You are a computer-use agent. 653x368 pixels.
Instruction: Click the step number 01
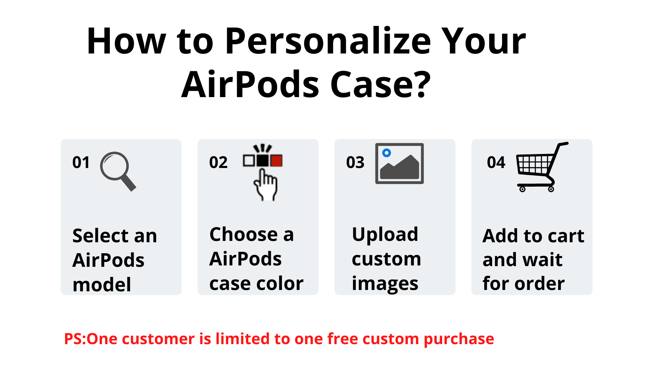pos(81,163)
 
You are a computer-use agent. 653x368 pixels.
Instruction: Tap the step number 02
pos(218,163)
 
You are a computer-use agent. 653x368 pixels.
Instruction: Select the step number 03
pos(355,163)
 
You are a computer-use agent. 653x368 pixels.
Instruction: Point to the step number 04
pos(496,163)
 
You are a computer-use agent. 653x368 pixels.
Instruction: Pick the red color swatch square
pos(276,161)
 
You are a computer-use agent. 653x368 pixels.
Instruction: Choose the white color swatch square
pos(249,161)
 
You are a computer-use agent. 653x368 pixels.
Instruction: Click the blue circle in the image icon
pos(386,153)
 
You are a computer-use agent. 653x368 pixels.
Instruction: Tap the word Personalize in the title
pos(328,41)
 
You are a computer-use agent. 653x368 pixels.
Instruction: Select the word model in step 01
pos(102,285)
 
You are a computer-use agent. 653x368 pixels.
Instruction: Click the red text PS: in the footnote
pos(76,339)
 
